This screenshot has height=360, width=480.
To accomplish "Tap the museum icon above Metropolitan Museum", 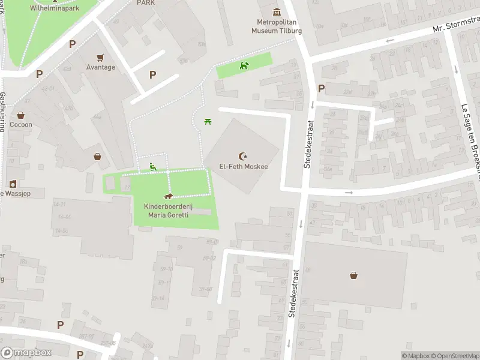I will click(277, 11).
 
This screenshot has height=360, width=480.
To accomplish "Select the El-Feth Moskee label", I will click(243, 167).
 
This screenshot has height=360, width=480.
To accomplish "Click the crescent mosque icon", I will click(243, 156).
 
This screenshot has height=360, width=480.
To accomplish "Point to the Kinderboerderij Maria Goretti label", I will click(169, 210).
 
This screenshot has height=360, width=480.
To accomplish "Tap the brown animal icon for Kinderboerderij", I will click(169, 197).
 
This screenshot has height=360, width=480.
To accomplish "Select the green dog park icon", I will click(244, 65).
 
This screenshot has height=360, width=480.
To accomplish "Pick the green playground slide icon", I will click(153, 167).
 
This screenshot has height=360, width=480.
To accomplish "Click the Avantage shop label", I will click(100, 67).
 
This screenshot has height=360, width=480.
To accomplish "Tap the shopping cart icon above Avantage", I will click(100, 57).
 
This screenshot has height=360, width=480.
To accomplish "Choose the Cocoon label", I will click(20, 125).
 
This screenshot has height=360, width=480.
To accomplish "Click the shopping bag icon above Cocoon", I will click(20, 115).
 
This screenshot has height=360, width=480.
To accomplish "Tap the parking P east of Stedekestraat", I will click(321, 89).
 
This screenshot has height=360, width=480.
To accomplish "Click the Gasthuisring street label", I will click(3, 111).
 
